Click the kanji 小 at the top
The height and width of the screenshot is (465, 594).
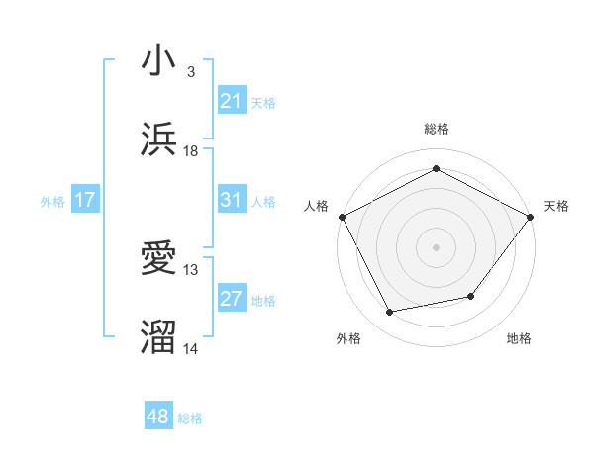pos(159,61)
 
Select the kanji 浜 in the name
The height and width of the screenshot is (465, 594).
pos(159,139)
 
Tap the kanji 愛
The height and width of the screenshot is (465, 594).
pos(159,259)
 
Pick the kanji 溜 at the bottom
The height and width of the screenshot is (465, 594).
pos(159,337)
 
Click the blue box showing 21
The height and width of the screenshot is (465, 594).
pos(232,100)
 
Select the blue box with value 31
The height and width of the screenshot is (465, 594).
pos(232,199)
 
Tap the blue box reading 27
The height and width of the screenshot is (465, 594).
pos(232,299)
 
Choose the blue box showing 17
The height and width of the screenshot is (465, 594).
pos(85,200)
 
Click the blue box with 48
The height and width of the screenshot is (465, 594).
pos(158,417)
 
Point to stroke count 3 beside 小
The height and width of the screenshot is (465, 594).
pos(191,72)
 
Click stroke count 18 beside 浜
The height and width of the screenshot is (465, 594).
pos(191,151)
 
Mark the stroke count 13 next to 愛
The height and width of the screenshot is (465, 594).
pos(191,270)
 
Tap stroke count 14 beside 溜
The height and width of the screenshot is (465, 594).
pos(191,349)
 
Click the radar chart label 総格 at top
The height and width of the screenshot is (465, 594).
pos(436,129)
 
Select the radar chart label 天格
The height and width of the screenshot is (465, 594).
pos(556,206)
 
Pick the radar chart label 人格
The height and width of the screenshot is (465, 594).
pos(316,206)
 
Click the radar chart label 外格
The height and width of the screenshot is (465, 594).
pos(348,338)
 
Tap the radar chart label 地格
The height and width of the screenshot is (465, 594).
pos(519,338)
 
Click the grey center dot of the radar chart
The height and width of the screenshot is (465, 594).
pos(436,246)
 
